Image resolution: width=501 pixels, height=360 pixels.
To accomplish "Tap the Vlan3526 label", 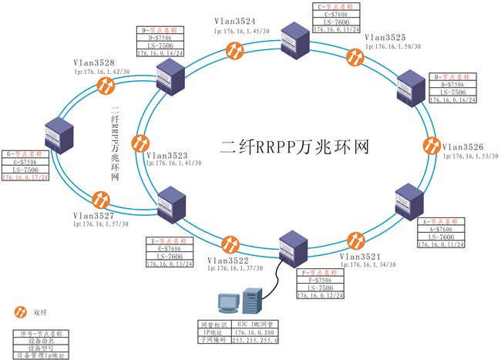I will (x=464, y=146).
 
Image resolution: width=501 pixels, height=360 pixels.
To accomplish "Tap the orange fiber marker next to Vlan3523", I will (x=140, y=143).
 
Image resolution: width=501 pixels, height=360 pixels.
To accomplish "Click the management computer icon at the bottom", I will (x=245, y=304).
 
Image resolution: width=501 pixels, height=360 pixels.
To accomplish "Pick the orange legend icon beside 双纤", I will (x=21, y=312).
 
